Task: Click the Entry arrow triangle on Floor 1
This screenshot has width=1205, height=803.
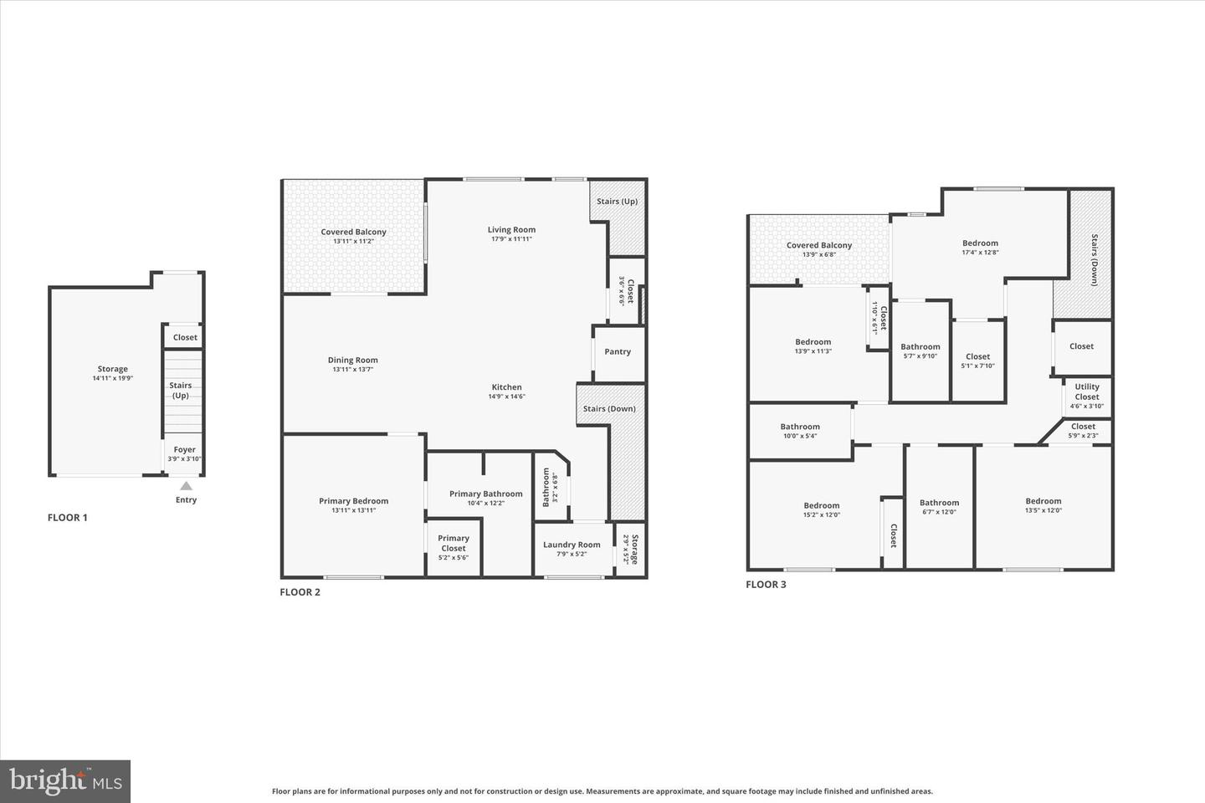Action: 186,486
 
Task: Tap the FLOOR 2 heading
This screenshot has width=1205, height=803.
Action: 300,592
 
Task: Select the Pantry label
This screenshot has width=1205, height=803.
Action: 618,352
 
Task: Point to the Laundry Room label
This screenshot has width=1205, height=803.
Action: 572,545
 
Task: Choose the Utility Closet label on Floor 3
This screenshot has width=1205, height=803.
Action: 1087,392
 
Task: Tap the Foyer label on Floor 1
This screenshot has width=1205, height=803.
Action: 184,450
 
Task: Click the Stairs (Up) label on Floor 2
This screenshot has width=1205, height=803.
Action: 617,202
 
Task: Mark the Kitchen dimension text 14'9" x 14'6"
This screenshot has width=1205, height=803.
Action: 506,396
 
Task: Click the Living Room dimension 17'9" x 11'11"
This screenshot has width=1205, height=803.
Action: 511,239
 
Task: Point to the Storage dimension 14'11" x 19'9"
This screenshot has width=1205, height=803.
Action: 113,378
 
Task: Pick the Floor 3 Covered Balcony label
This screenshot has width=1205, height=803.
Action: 818,245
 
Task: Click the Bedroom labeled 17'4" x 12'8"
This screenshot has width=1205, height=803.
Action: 980,243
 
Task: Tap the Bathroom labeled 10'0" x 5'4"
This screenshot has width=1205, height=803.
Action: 800,427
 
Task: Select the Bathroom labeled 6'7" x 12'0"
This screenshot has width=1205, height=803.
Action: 939,504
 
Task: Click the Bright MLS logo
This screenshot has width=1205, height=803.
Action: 65,781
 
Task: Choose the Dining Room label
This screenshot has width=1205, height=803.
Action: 352,361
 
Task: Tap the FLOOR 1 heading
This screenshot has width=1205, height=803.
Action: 67,518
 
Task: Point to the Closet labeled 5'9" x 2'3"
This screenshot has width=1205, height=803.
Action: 1083,427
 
